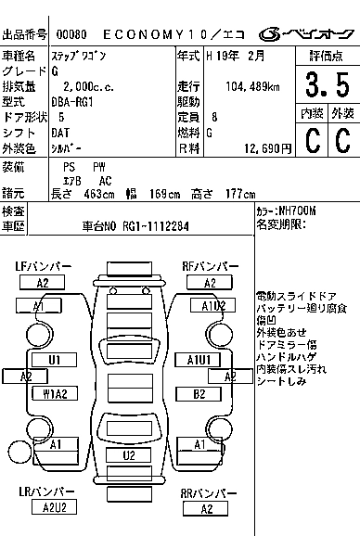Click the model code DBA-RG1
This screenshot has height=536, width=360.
(x=79, y=102)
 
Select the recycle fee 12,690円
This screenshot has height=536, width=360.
(x=265, y=147)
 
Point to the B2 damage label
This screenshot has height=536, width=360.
(x=199, y=394)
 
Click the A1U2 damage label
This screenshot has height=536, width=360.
(x=212, y=305)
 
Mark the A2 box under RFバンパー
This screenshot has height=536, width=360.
(x=211, y=283)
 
